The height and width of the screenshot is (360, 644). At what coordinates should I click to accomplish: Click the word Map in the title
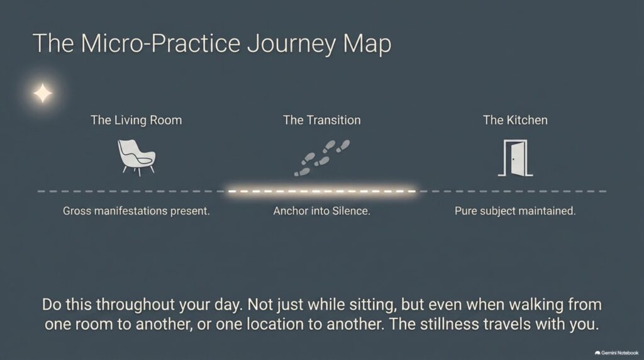(x=367, y=44)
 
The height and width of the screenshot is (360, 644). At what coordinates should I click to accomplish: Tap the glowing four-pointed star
(x=43, y=93)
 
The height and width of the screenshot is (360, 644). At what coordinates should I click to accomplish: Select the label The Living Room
(x=136, y=120)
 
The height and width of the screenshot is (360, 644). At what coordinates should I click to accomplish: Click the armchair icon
(x=136, y=157)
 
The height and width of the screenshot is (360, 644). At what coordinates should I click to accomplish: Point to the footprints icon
(x=322, y=158)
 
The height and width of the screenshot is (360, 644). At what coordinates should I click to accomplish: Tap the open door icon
(x=516, y=158)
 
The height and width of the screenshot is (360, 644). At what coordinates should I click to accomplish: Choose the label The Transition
(x=322, y=120)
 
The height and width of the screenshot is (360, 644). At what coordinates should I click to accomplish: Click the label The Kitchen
(x=515, y=120)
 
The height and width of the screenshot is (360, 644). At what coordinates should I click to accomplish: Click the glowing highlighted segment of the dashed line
(x=322, y=191)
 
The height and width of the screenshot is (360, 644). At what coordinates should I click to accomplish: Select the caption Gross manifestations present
(x=136, y=211)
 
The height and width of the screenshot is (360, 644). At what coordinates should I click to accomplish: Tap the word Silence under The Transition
(x=351, y=211)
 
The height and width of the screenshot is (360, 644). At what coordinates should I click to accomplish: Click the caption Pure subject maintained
(x=515, y=211)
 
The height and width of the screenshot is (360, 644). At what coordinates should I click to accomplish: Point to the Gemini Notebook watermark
(x=616, y=352)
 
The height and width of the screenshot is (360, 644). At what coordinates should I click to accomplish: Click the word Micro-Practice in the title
(x=160, y=43)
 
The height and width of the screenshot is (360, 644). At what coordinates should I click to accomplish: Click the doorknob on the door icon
(x=513, y=159)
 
